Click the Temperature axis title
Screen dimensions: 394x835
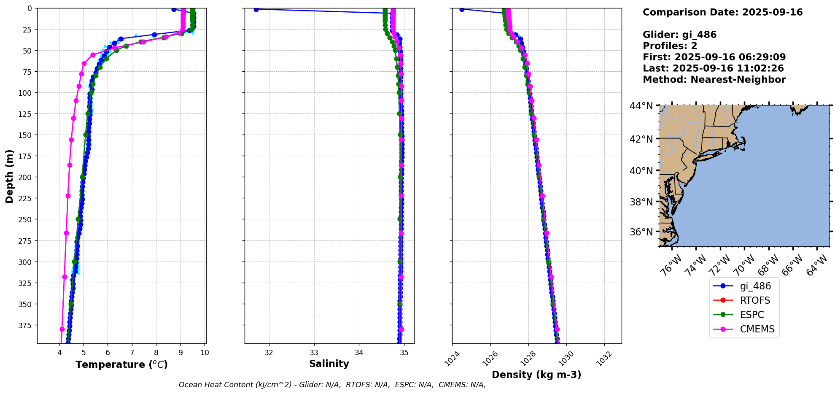click(x=121, y=364)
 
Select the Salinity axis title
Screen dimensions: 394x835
click(x=329, y=364)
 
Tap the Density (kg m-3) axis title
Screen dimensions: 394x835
click(x=536, y=375)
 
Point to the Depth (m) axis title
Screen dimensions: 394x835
click(x=9, y=176)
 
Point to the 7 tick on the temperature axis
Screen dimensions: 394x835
click(x=132, y=353)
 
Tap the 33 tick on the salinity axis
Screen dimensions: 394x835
click(x=314, y=353)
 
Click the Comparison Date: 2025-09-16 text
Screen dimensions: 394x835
click(x=722, y=12)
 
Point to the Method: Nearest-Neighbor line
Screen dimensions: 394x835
click(x=714, y=80)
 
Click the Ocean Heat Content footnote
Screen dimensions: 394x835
click(x=332, y=385)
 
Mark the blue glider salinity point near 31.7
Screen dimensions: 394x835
click(x=256, y=9)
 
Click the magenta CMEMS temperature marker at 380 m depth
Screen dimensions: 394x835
click(x=62, y=329)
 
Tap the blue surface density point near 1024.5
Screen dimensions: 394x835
click(x=462, y=9)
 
